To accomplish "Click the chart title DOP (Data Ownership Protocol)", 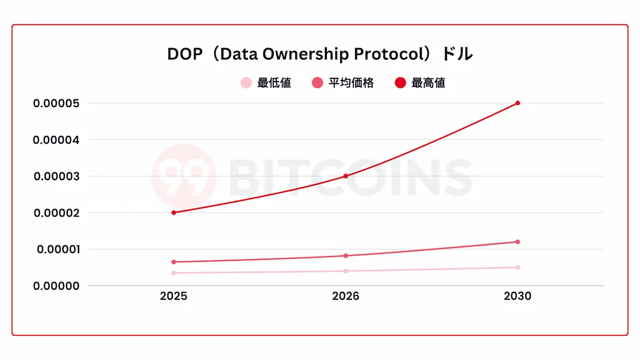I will tap(319, 54).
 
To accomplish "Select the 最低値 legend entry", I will tap(266, 83).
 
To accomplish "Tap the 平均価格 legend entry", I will tap(343, 83).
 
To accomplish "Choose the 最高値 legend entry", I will tap(420, 83).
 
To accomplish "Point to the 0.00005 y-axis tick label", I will tap(56, 103).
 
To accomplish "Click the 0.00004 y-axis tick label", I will tap(56, 140).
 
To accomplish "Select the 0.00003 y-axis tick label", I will tap(56, 176).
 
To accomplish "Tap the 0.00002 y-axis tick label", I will tap(56, 213).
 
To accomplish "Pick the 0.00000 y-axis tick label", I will tap(56, 286).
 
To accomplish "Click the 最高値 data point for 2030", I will tap(518, 103).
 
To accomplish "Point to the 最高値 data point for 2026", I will tap(346, 176).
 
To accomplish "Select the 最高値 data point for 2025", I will tap(173, 213).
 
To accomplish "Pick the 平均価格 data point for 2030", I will tap(518, 242).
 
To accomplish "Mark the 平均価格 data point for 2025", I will tap(173, 262).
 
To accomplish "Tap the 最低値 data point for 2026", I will tap(346, 271).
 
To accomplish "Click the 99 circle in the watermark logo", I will tap(183, 175).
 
